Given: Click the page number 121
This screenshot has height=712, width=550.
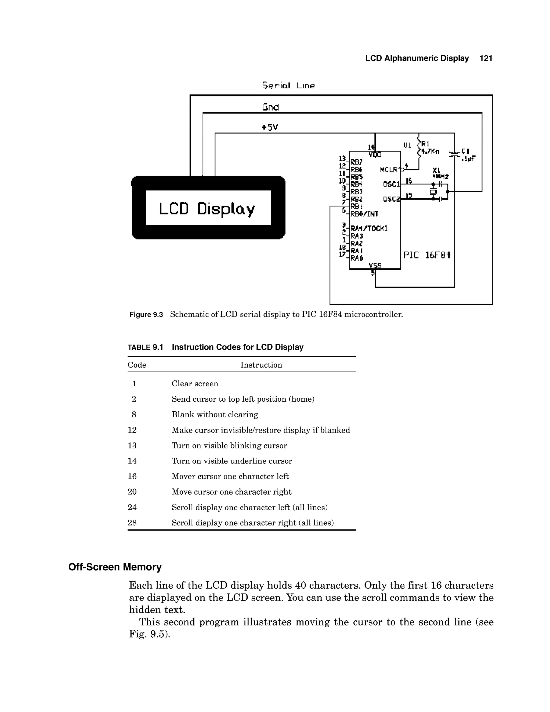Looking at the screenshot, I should click(x=486, y=58).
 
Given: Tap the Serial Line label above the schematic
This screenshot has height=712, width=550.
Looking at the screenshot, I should click(x=288, y=85).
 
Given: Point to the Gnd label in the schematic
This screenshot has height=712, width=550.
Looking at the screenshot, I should click(x=270, y=107).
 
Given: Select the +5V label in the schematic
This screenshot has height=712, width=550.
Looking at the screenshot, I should click(x=270, y=127).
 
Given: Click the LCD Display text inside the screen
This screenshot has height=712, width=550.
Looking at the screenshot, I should click(x=207, y=209).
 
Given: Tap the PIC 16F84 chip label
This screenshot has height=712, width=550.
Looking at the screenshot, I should click(x=427, y=255).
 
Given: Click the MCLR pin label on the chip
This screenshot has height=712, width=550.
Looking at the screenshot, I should click(x=390, y=170).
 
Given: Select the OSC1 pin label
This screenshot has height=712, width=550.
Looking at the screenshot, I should click(x=391, y=184).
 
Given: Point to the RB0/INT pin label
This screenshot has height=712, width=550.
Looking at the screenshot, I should click(x=364, y=214).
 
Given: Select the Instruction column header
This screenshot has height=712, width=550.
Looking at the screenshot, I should click(x=261, y=365).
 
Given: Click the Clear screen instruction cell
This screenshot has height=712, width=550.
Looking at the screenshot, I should click(x=195, y=384).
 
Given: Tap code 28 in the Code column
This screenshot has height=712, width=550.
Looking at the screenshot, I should click(x=132, y=523).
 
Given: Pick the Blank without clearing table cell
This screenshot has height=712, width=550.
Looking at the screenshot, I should click(x=215, y=415).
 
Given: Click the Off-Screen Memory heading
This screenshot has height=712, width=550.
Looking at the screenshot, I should click(x=115, y=567).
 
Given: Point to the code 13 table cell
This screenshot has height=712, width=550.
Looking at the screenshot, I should click(x=132, y=446).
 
